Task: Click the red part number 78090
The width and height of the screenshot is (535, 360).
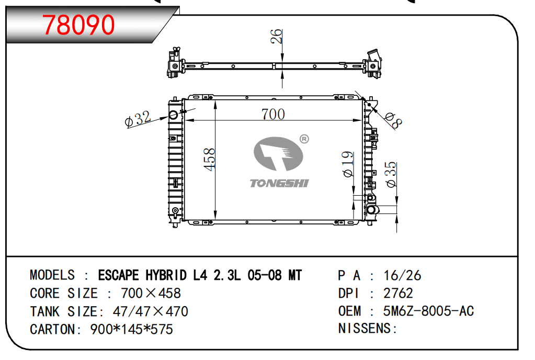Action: tap(78, 25)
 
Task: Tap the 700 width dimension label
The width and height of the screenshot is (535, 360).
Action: tap(273, 114)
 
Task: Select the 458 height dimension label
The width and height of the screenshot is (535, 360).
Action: tap(209, 159)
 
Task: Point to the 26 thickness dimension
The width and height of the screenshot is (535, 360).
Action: tap(276, 37)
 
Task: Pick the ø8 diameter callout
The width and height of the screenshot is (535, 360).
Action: tap(393, 120)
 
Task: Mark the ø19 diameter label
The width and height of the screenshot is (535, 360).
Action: tap(348, 164)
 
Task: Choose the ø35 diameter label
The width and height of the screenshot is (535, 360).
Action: tap(391, 174)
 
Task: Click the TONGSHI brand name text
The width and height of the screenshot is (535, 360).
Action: tap(279, 183)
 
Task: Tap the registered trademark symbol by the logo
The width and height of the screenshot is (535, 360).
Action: tap(304, 139)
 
